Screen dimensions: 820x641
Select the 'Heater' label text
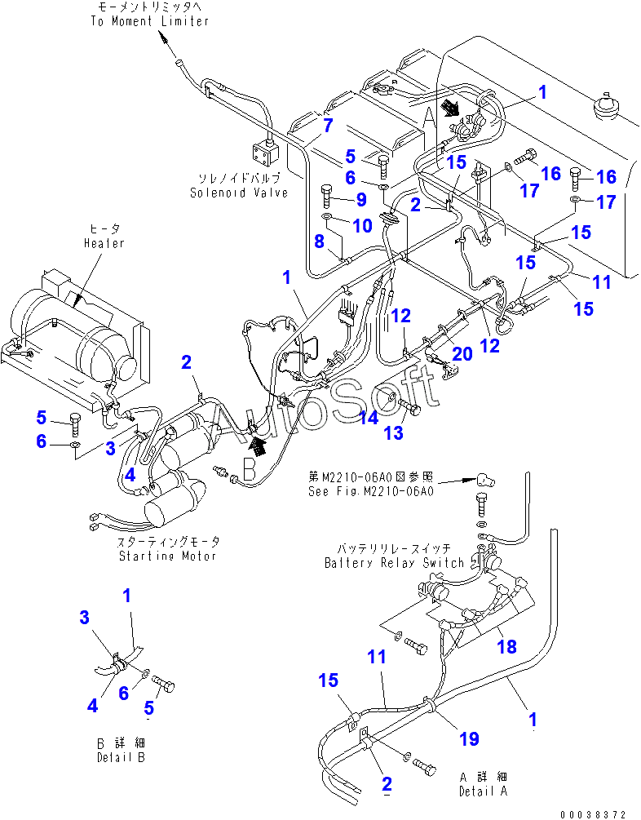pyautogui.click(x=104, y=243)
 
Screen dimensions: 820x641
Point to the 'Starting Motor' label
pyautogui.click(x=167, y=556)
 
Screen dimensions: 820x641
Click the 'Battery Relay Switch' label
pyautogui.click(x=394, y=563)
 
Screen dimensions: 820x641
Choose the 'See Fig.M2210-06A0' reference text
pyautogui.click(x=371, y=491)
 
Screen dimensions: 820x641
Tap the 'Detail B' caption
pyautogui.click(x=121, y=758)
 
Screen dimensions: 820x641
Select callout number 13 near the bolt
pyautogui.click(x=393, y=433)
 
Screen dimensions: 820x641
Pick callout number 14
pyautogui.click(x=369, y=417)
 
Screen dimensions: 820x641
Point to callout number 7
pyautogui.click(x=327, y=125)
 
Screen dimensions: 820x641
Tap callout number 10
pyautogui.click(x=361, y=224)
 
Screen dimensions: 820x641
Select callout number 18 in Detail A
pyautogui.click(x=506, y=646)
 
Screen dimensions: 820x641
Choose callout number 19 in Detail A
pyautogui.click(x=468, y=739)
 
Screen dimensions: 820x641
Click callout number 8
pyautogui.click(x=320, y=241)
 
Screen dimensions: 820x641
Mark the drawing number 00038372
pyautogui.click(x=594, y=813)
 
